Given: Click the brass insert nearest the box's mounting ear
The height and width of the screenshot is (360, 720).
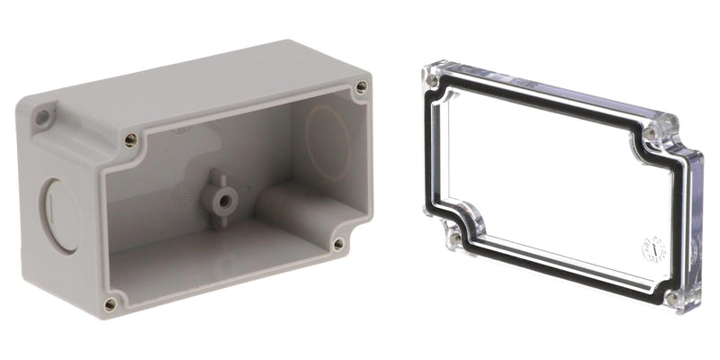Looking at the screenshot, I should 131,139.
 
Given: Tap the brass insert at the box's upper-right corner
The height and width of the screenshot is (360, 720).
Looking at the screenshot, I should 361,87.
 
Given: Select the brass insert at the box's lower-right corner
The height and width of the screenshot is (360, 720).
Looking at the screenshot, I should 338,244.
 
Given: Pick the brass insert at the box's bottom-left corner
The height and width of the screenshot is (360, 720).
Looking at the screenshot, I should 110,304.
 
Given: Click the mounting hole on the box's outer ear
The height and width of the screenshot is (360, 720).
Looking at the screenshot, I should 42,117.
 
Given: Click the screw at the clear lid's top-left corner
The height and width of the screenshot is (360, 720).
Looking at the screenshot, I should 434,80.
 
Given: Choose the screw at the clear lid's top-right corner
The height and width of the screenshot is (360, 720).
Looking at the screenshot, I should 650,133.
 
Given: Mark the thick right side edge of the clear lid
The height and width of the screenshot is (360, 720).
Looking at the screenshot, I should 695,225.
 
